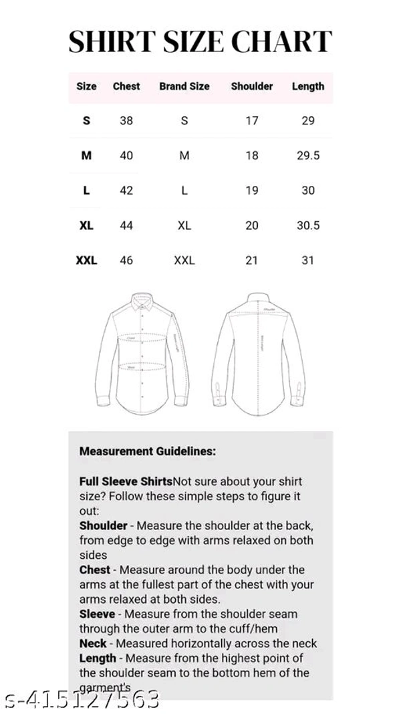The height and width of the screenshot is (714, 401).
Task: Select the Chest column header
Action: click(x=126, y=86)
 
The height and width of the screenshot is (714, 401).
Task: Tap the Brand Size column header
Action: click(x=184, y=86)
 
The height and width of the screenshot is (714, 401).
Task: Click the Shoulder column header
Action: click(x=252, y=86)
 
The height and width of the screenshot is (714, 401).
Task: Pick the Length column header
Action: click(x=308, y=86)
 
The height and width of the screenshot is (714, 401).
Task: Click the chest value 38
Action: click(x=126, y=121)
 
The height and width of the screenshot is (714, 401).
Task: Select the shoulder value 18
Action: click(x=252, y=156)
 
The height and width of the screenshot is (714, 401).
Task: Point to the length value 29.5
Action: click(x=308, y=156)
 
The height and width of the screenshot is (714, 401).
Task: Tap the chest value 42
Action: click(x=126, y=191)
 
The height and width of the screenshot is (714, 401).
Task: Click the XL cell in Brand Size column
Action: click(x=184, y=226)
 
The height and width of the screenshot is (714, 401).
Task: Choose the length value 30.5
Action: click(x=308, y=226)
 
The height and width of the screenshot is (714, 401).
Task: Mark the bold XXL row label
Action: click(x=86, y=261)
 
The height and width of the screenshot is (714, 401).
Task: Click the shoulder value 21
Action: click(x=251, y=261)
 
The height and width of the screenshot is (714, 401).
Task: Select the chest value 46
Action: click(x=126, y=261)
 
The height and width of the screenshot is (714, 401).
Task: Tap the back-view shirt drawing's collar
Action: click(x=258, y=297)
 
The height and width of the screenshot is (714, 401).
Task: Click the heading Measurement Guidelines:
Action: click(x=148, y=451)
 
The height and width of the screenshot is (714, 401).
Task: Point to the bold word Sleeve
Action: click(x=98, y=614)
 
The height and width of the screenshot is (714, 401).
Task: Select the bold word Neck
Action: click(x=93, y=643)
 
